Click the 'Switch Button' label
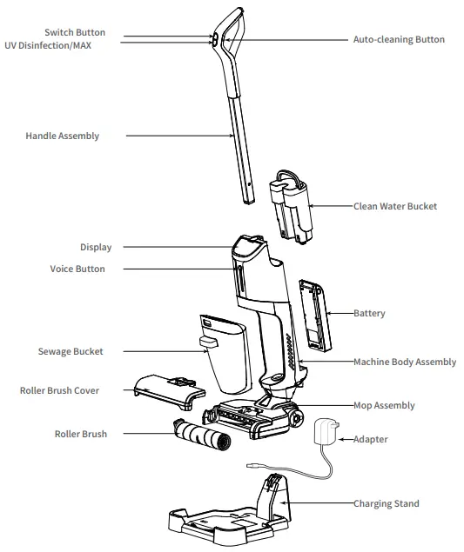pyautogui.click(x=75, y=33)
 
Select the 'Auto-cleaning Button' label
pyautogui.click(x=398, y=40)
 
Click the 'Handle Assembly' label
pyautogui.click(x=62, y=136)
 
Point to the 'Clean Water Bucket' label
pyautogui.click(x=394, y=207)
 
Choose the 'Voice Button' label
pyautogui.click(x=77, y=269)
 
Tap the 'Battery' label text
pyautogui.click(x=369, y=313)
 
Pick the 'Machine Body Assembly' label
pyautogui.click(x=404, y=362)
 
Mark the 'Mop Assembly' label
pyautogui.click(x=384, y=405)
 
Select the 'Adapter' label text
pyautogui.click(x=371, y=440)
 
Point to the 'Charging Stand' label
pyautogui.click(x=386, y=503)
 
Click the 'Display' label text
pyautogui.click(x=96, y=247)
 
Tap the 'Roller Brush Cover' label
pyautogui.click(x=59, y=390)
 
